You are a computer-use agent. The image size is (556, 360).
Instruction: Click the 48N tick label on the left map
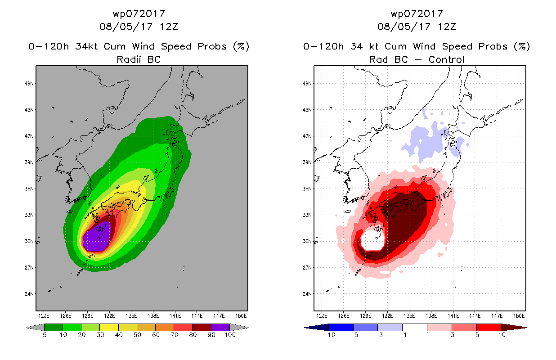coord(29,84)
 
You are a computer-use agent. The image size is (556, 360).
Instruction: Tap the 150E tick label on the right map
coord(519,316)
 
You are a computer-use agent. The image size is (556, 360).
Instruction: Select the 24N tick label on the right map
coord(307,294)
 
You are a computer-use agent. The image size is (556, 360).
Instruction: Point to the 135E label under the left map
coord(131,316)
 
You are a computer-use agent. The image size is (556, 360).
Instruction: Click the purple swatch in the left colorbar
coord(220,327)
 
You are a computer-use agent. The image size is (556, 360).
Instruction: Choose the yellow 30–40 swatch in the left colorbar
coord(109,327)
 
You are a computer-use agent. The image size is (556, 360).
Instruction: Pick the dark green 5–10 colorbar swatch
coord(54,327)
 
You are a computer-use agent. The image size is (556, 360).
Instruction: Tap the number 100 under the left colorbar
coord(230,335)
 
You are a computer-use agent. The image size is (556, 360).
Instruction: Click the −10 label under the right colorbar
coord(329,335)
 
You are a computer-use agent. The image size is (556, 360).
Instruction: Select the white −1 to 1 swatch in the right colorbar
coord(414,327)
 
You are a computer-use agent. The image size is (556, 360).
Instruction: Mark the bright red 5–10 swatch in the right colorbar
coord(489,327)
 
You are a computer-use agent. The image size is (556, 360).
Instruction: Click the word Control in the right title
coord(446,60)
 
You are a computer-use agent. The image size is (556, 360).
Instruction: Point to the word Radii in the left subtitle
coord(129,60)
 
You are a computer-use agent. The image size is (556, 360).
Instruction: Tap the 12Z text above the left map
coord(169,27)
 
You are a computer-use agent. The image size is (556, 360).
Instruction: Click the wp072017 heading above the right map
coord(417,13)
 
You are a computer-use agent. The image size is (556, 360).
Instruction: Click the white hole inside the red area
coord(372,240)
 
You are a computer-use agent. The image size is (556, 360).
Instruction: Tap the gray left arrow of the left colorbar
coord(35,328)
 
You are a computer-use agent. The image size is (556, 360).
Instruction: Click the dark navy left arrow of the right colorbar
coord(317,328)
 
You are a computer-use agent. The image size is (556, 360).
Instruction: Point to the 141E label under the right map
coord(453,316)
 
